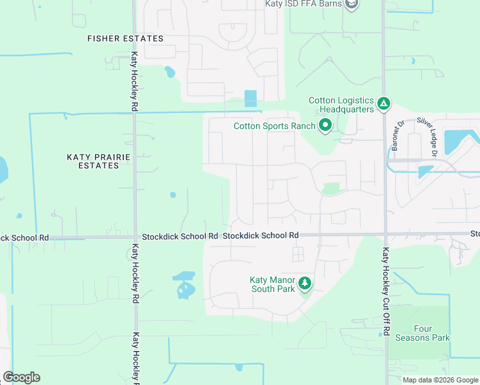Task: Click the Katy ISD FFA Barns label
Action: pos(304,4)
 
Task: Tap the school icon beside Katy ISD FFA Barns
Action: pos(352,4)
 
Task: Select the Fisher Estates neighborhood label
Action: pos(125,38)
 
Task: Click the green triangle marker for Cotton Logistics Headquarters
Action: pos(383,103)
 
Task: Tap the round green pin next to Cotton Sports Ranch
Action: pos(325,126)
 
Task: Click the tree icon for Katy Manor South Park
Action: pos(305,282)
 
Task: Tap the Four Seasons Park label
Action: pos(422,333)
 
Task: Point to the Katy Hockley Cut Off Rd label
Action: pos(386,291)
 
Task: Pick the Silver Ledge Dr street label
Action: pos(426,136)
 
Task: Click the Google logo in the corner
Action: pos(21,377)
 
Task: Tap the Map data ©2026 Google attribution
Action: pos(440,380)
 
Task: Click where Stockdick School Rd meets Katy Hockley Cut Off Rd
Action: pos(385,234)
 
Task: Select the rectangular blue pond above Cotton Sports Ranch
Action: pos(250,99)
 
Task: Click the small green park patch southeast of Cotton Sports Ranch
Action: pos(330,189)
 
